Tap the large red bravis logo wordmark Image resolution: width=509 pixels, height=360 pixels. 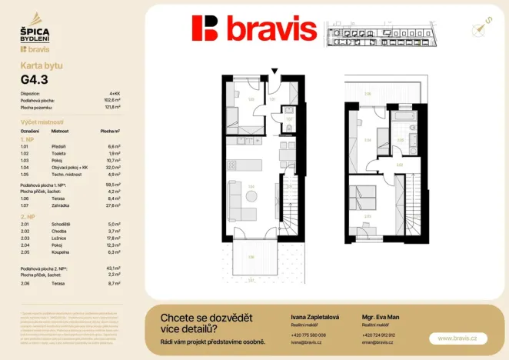(x=254, y=29)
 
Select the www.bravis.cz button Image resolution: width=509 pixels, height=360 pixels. (x=457, y=338)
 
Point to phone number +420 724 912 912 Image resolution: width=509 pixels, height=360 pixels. (x=378, y=335)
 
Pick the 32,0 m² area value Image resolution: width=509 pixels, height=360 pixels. (x=113, y=167)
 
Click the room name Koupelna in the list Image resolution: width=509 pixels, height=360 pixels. (x=62, y=251)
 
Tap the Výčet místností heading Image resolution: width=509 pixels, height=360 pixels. (x=42, y=122)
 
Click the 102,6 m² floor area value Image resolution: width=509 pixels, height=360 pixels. (x=113, y=100)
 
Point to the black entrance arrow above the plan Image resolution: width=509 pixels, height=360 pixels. (x=274, y=72)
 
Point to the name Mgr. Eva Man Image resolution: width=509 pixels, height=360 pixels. (x=378, y=316)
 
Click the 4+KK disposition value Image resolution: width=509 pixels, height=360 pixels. (x=115, y=93)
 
